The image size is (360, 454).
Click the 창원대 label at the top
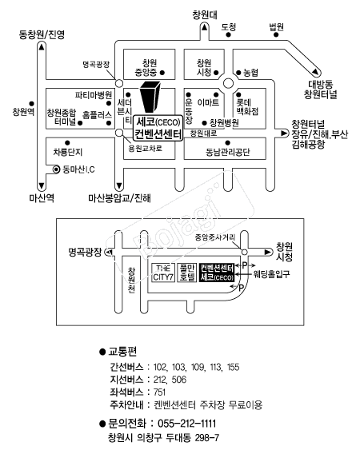click(205, 14)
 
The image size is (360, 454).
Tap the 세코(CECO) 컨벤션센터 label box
click(158, 128)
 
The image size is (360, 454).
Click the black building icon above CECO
click(150, 97)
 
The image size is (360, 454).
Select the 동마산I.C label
click(79, 169)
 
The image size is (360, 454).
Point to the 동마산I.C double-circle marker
click(56, 169)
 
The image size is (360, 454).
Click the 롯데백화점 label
click(247, 107)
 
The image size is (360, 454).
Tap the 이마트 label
click(208, 102)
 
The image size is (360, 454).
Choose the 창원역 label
click(23, 112)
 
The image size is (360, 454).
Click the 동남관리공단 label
click(227, 153)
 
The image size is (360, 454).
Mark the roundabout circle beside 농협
click(229, 84)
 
